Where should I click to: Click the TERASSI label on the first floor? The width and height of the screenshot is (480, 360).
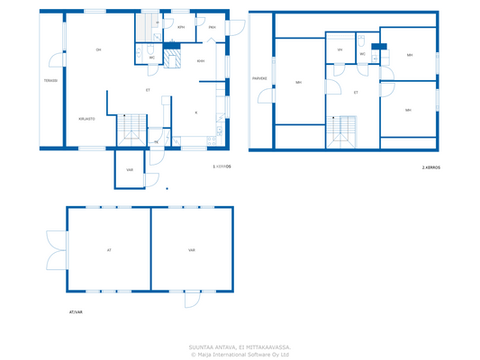pyautogui.click(x=50, y=81)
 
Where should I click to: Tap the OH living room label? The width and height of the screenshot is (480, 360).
pyautogui.click(x=98, y=49)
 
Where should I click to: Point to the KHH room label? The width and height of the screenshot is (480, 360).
pyautogui.click(x=201, y=61)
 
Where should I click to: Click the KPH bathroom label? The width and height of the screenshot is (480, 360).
pyautogui.click(x=181, y=28)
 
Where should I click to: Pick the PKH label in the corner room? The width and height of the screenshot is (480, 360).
pyautogui.click(x=213, y=28)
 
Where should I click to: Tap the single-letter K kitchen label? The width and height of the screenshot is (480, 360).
pyautogui.click(x=196, y=112)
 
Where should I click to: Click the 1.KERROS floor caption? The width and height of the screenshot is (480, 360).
pyautogui.click(x=222, y=166)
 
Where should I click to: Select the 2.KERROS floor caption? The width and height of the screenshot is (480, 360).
pyautogui.click(x=430, y=167)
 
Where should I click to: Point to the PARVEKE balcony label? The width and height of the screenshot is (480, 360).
pyautogui.click(x=259, y=78)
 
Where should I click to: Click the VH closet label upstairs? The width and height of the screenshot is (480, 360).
pyautogui.click(x=340, y=49)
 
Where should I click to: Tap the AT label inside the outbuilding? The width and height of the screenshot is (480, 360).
pyautogui.click(x=109, y=250)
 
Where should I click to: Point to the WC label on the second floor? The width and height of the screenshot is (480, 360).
pyautogui.click(x=363, y=54)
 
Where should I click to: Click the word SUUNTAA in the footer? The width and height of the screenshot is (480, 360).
pyautogui.click(x=203, y=346)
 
